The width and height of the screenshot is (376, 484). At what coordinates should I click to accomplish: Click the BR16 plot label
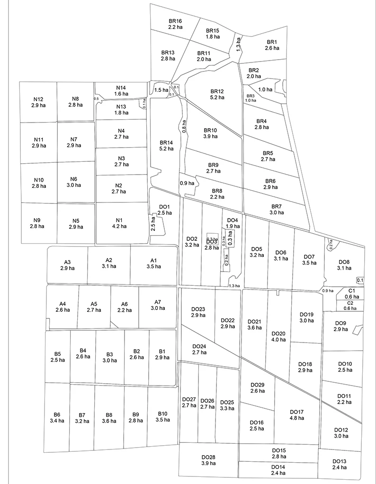tap(175, 21)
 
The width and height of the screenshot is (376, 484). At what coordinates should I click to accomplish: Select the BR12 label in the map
tap(217, 91)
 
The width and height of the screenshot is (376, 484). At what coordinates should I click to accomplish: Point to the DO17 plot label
tap(296, 412)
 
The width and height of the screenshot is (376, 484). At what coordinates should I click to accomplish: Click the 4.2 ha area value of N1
tap(119, 226)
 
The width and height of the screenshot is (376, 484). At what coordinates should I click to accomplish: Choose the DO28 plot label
tap(208, 457)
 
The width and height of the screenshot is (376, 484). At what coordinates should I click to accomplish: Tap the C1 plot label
tap(351, 290)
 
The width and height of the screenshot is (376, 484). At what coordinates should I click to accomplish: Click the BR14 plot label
tap(167, 142)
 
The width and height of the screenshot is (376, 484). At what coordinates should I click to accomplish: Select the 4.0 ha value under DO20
tap(278, 340)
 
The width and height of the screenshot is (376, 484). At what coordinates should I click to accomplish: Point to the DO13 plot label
tap(339, 461)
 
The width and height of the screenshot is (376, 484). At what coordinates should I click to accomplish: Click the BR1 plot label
tap(272, 42)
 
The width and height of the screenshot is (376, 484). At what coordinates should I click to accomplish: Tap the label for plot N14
tap(121, 88)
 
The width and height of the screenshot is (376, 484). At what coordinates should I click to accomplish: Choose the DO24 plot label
tap(199, 346)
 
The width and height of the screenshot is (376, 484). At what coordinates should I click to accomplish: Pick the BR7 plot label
tap(277, 206)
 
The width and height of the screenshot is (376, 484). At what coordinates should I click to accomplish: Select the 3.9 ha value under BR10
tap(210, 136)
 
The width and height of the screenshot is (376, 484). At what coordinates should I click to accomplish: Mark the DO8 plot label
tap(344, 262)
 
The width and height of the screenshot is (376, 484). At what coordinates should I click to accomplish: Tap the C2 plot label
tap(350, 302)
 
